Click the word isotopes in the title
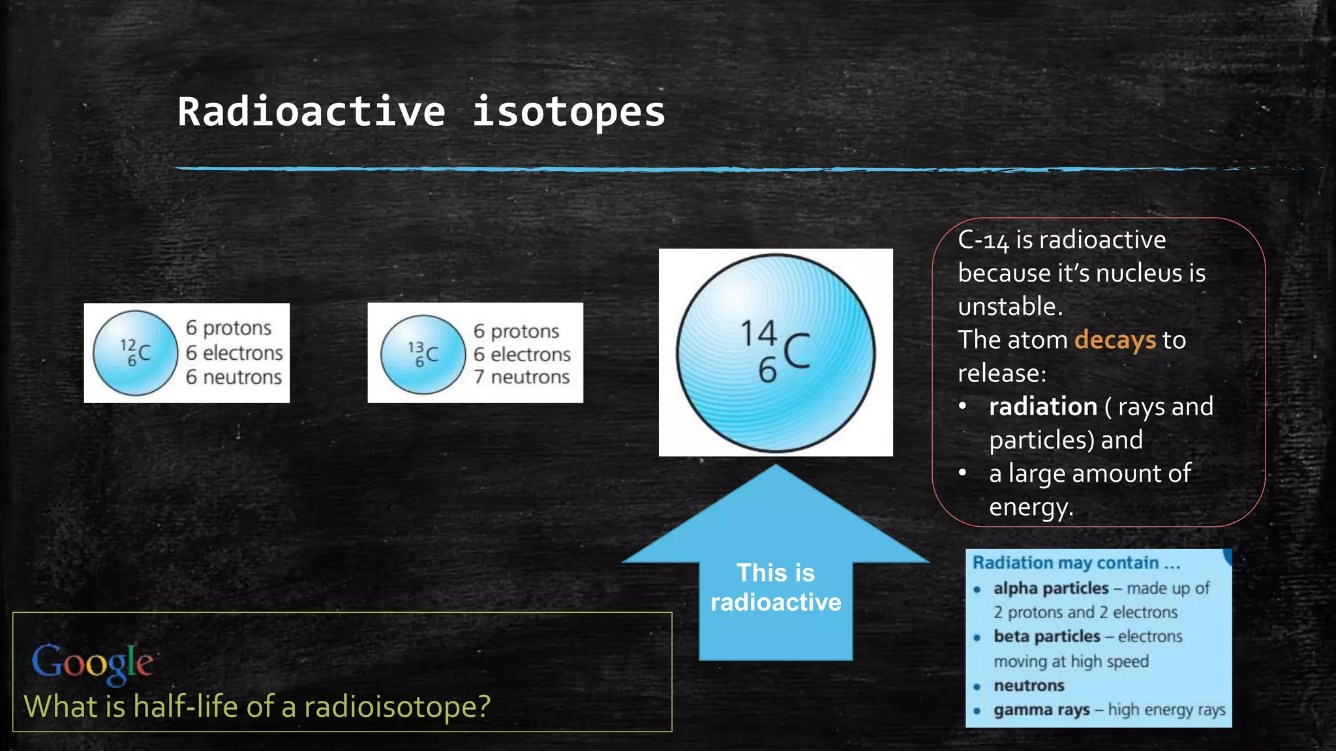pos(568,112)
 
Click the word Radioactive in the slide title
pos(312,112)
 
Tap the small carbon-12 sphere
pos(135,353)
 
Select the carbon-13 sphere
pos(423,355)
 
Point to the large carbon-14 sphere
pos(776,353)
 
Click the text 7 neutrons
pos(521,377)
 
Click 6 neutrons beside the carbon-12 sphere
pos(234,377)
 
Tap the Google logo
pos(93,663)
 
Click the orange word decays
pos(1115,340)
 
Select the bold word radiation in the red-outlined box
pos(1042,407)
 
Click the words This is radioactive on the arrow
pos(776,587)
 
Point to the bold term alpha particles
pos(1050,588)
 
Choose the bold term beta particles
pos(1046,636)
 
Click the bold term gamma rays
pos(1041,710)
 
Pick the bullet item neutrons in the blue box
pos(1029,686)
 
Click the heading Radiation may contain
pos(1076,563)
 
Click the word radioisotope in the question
pos(397,707)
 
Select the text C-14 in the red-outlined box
pos(983,241)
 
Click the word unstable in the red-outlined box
pos(1009,306)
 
